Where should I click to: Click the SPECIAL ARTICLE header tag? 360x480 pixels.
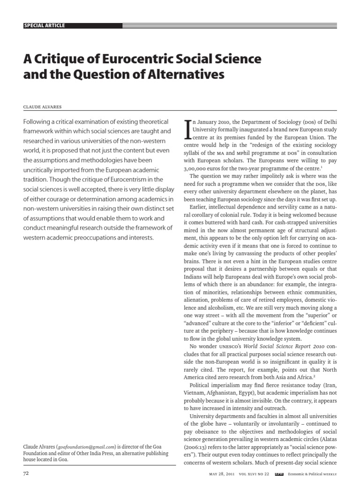click(44, 25)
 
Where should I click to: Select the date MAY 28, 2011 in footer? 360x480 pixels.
click(221, 474)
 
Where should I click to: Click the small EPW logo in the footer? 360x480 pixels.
click(278, 474)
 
